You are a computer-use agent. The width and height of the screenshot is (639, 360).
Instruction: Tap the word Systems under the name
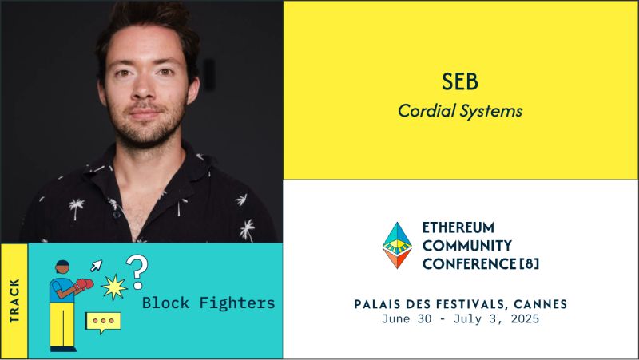[494, 111]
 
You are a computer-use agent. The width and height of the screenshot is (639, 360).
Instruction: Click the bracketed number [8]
[526, 263]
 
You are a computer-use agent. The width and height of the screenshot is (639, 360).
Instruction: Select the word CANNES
[538, 303]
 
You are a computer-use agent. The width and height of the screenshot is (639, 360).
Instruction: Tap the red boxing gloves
[84, 284]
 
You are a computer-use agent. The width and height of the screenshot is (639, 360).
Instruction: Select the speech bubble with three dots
[103, 321]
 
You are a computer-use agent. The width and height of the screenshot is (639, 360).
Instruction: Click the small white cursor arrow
[96, 265]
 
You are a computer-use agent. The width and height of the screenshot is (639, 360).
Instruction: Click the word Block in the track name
[162, 303]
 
